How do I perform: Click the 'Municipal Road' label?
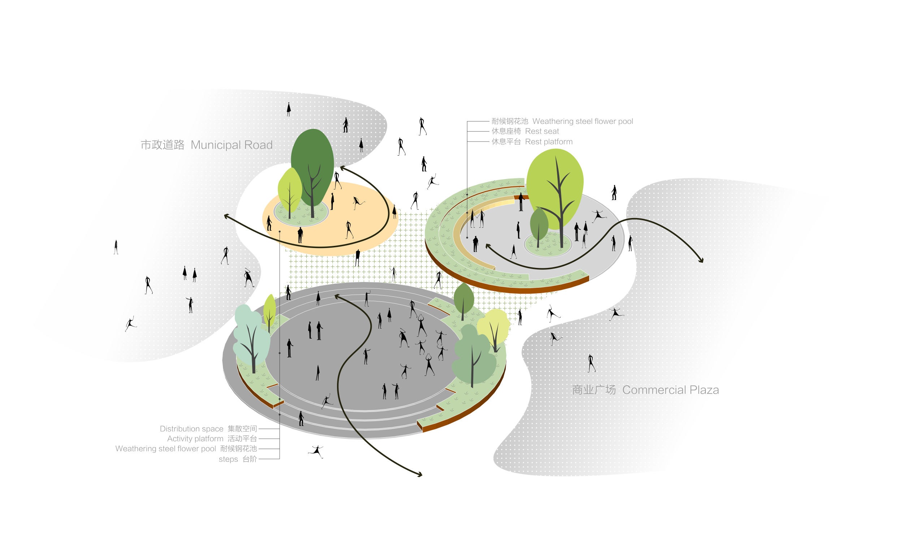point(206,145)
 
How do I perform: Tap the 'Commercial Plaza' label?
point(645,390)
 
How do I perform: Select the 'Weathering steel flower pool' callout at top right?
point(562,121)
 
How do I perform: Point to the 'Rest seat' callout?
point(525,131)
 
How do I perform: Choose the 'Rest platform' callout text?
point(532,142)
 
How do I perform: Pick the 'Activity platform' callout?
point(212,439)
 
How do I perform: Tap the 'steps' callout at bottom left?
point(238,459)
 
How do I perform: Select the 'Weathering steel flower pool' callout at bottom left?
point(186,449)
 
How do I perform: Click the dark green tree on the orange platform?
point(312,162)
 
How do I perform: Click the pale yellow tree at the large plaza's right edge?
point(494,325)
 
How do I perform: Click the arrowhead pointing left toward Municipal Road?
point(226,216)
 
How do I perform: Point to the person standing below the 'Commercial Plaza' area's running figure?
point(591,363)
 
